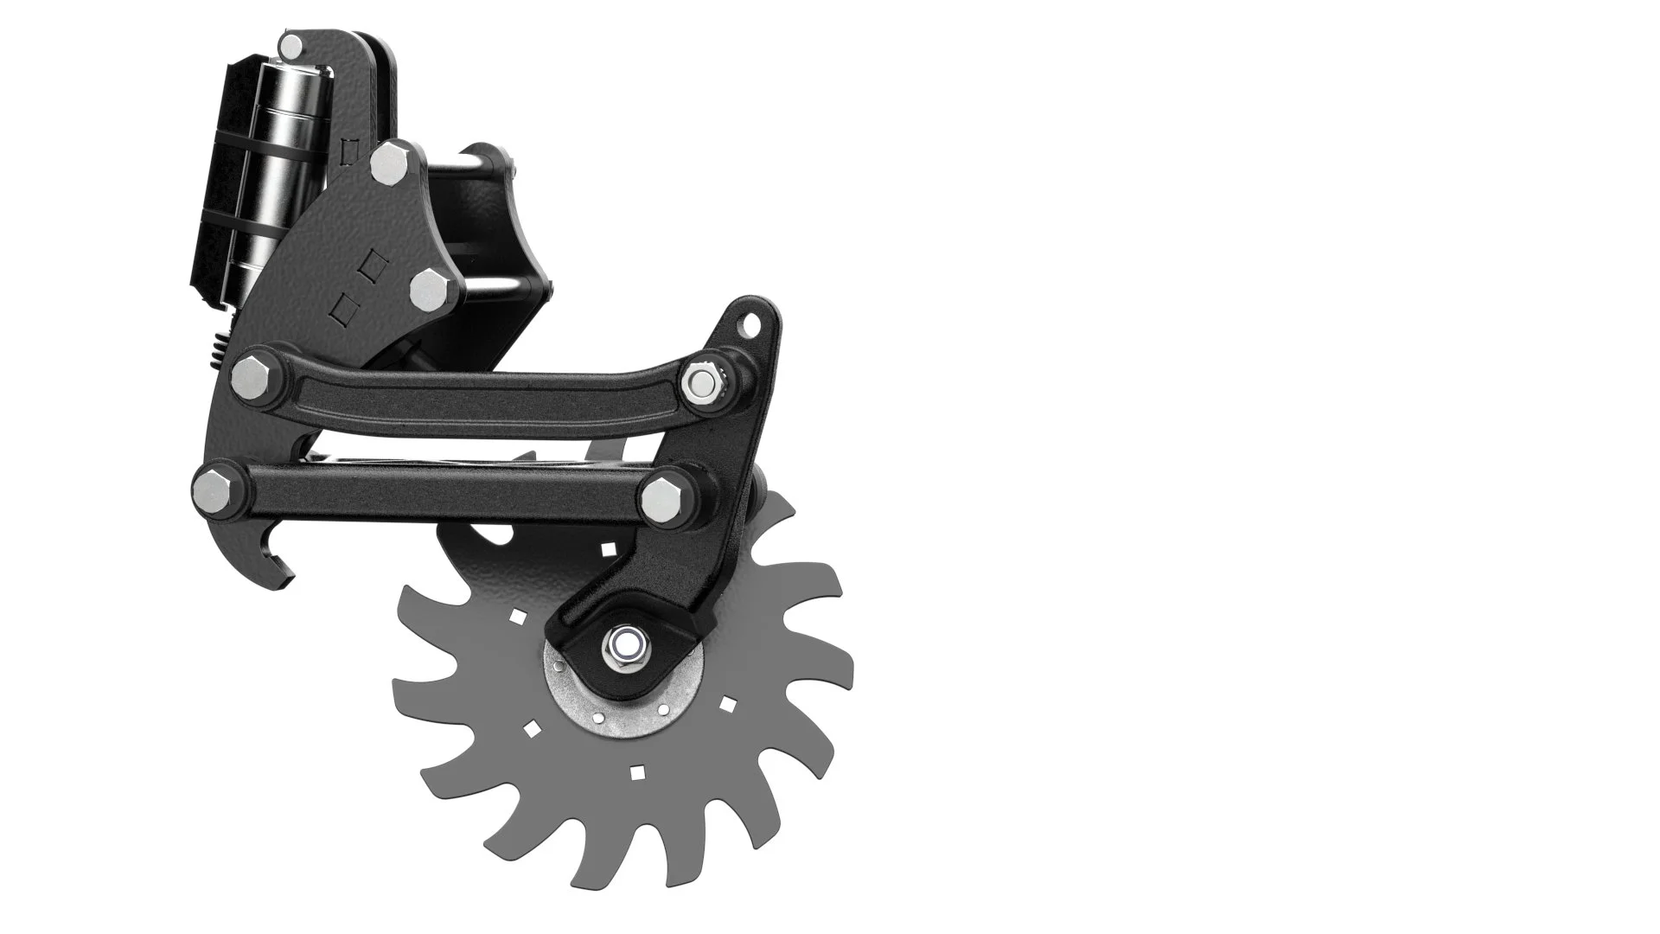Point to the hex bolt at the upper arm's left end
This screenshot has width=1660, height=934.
pyautogui.click(x=250, y=374)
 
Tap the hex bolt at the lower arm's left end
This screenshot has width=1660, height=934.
pyautogui.click(x=211, y=489)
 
